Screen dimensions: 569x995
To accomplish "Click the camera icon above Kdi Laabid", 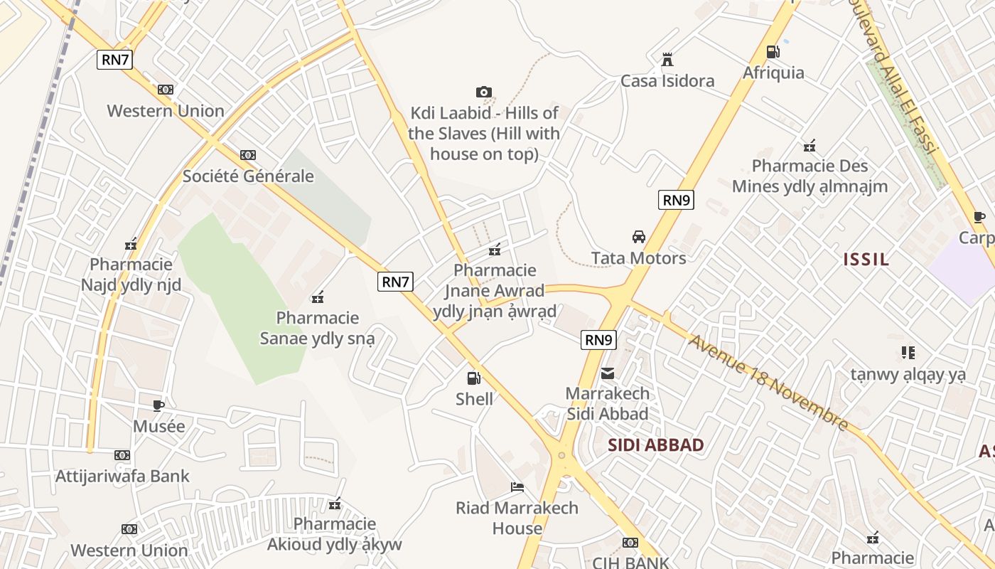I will pyautogui.click(x=484, y=92).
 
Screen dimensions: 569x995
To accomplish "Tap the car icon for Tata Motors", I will pyautogui.click(x=639, y=237).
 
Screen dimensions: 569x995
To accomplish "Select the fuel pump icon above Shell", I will pyautogui.click(x=473, y=378).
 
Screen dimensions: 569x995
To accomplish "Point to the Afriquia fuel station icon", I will pyautogui.click(x=773, y=52).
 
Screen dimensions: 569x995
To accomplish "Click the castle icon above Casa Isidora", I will pyautogui.click(x=667, y=60).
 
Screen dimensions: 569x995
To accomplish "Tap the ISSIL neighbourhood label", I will pyautogui.click(x=866, y=259).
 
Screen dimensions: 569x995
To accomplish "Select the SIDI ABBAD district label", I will pyautogui.click(x=656, y=445).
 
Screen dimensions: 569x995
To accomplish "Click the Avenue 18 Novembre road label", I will pyautogui.click(x=768, y=383).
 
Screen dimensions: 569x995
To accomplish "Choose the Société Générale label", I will pyautogui.click(x=248, y=176).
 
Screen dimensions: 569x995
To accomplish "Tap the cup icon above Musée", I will pyautogui.click(x=158, y=405).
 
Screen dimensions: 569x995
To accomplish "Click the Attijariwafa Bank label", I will pyautogui.click(x=122, y=476).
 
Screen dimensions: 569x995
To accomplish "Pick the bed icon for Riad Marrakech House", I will pyautogui.click(x=517, y=487).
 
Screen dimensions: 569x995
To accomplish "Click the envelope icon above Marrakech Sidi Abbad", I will pyautogui.click(x=608, y=373).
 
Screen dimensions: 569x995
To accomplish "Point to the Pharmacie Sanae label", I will pyautogui.click(x=317, y=328).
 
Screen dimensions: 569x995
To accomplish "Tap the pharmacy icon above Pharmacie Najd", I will pyautogui.click(x=131, y=245).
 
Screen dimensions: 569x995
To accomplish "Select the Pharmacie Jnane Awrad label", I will pyautogui.click(x=495, y=290).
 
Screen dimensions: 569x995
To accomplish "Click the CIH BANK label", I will pyautogui.click(x=631, y=562).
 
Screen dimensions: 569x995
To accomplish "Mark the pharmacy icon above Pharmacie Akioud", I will pyautogui.click(x=335, y=504).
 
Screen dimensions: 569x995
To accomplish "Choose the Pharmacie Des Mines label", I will pyautogui.click(x=810, y=176).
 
